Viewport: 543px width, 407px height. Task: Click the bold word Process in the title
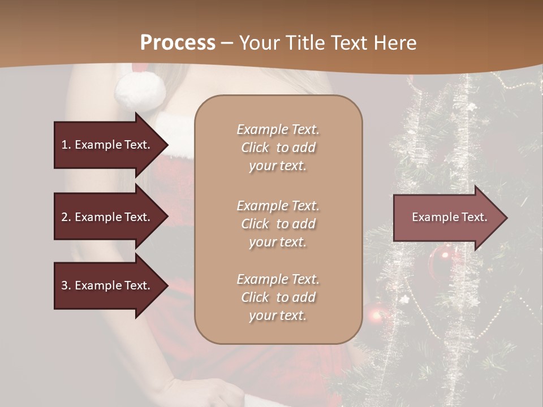178,43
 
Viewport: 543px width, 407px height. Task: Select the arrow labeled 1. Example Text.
107,145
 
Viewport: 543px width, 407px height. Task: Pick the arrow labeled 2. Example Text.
107,217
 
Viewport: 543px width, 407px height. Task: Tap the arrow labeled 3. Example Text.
107,285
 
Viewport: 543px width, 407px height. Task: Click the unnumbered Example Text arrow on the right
447,217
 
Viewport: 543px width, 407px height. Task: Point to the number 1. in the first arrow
66,145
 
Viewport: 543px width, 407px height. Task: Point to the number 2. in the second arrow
66,217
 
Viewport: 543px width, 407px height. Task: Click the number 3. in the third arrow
66,285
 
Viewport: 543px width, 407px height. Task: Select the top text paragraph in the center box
278,148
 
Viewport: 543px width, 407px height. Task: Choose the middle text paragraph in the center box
278,224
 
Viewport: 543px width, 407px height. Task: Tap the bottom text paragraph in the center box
278,297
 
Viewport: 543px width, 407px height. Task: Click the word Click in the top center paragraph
255,148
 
